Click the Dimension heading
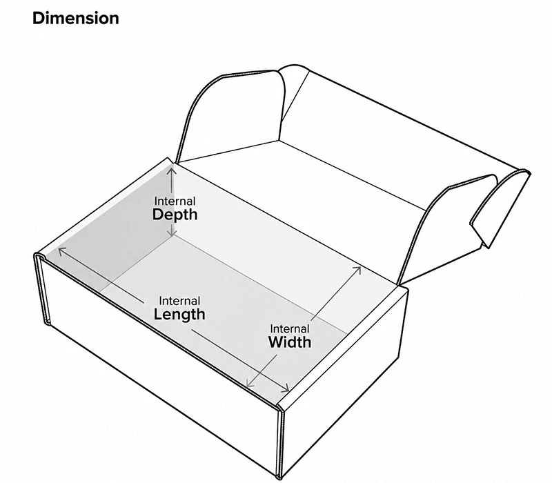point(76,19)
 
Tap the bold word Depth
point(175,215)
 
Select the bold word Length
point(179,315)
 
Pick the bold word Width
point(290,342)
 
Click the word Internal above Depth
point(175,201)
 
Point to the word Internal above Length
point(179,301)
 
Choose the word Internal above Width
point(290,328)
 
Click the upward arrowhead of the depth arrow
point(172,170)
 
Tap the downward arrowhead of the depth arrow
point(172,233)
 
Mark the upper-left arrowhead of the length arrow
point(61,251)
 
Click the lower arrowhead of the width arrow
point(250,383)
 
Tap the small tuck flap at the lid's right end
point(500,210)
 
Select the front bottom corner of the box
point(279,478)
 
